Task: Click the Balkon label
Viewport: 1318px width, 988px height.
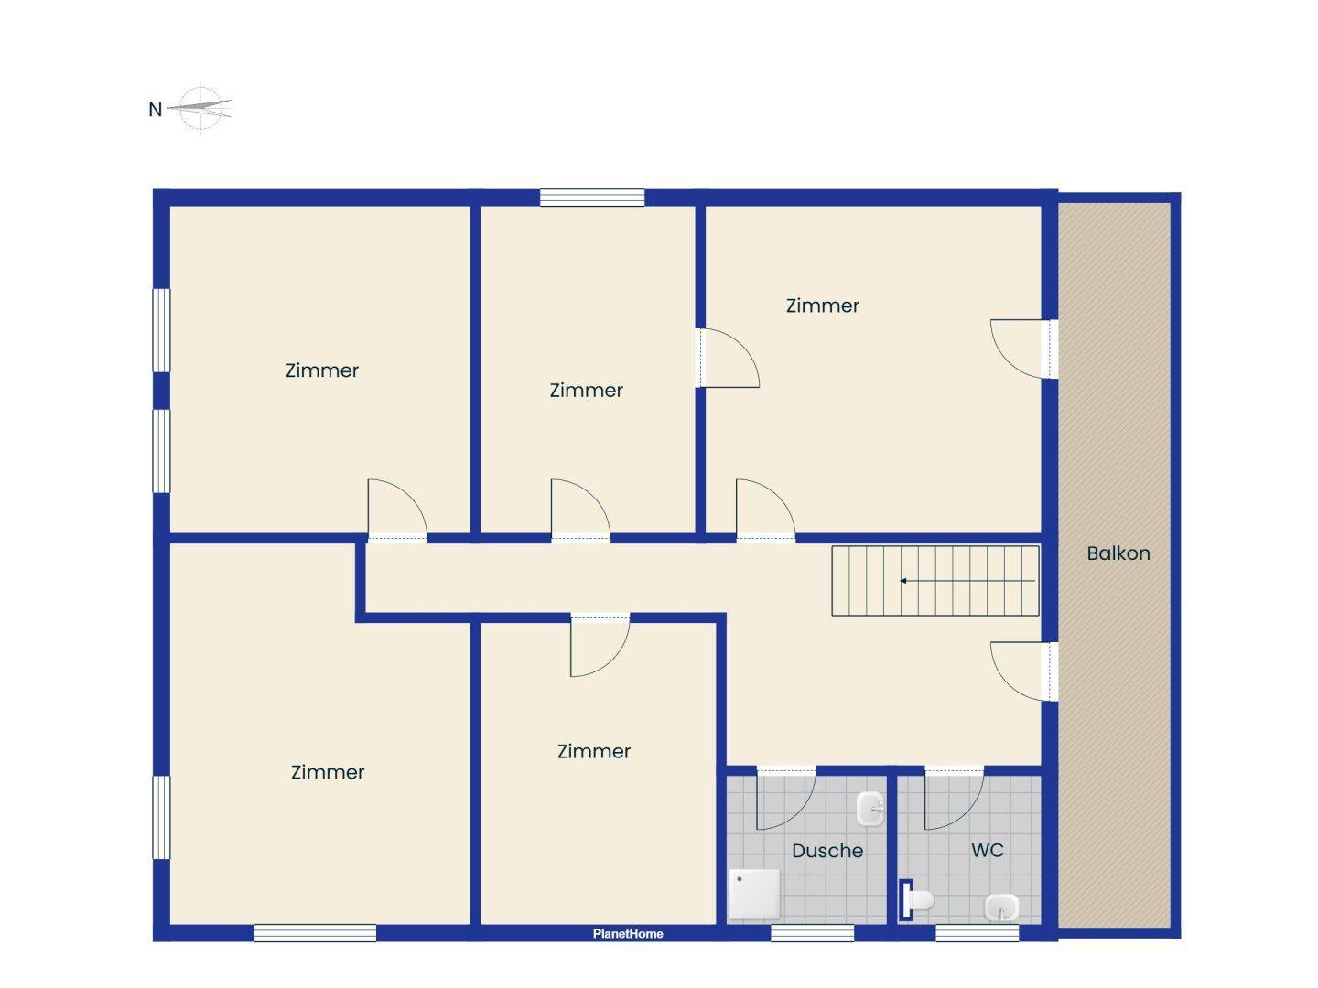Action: coord(1118,553)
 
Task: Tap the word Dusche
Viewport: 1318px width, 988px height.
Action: coord(826,851)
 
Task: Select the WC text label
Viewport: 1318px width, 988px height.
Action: coord(988,850)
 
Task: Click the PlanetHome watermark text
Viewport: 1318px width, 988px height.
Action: coord(628,933)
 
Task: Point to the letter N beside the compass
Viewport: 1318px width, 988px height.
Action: coord(155,109)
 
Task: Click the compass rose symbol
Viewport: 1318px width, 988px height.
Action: coord(200,109)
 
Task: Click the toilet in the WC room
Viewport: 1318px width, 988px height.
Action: coord(916,900)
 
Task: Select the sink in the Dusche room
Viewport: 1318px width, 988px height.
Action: coord(870,809)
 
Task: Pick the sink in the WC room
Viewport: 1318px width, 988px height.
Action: coord(1001,907)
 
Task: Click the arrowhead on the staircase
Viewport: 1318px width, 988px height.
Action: coord(903,581)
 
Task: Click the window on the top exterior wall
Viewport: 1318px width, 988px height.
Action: coord(592,198)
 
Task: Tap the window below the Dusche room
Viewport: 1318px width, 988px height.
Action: coord(812,933)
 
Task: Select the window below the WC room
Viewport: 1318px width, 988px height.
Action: coord(977,933)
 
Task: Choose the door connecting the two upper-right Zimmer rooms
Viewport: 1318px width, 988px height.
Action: coord(727,358)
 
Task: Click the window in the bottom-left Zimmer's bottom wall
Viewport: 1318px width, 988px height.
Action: coord(315,933)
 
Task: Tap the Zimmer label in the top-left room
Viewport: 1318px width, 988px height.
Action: coord(322,370)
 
